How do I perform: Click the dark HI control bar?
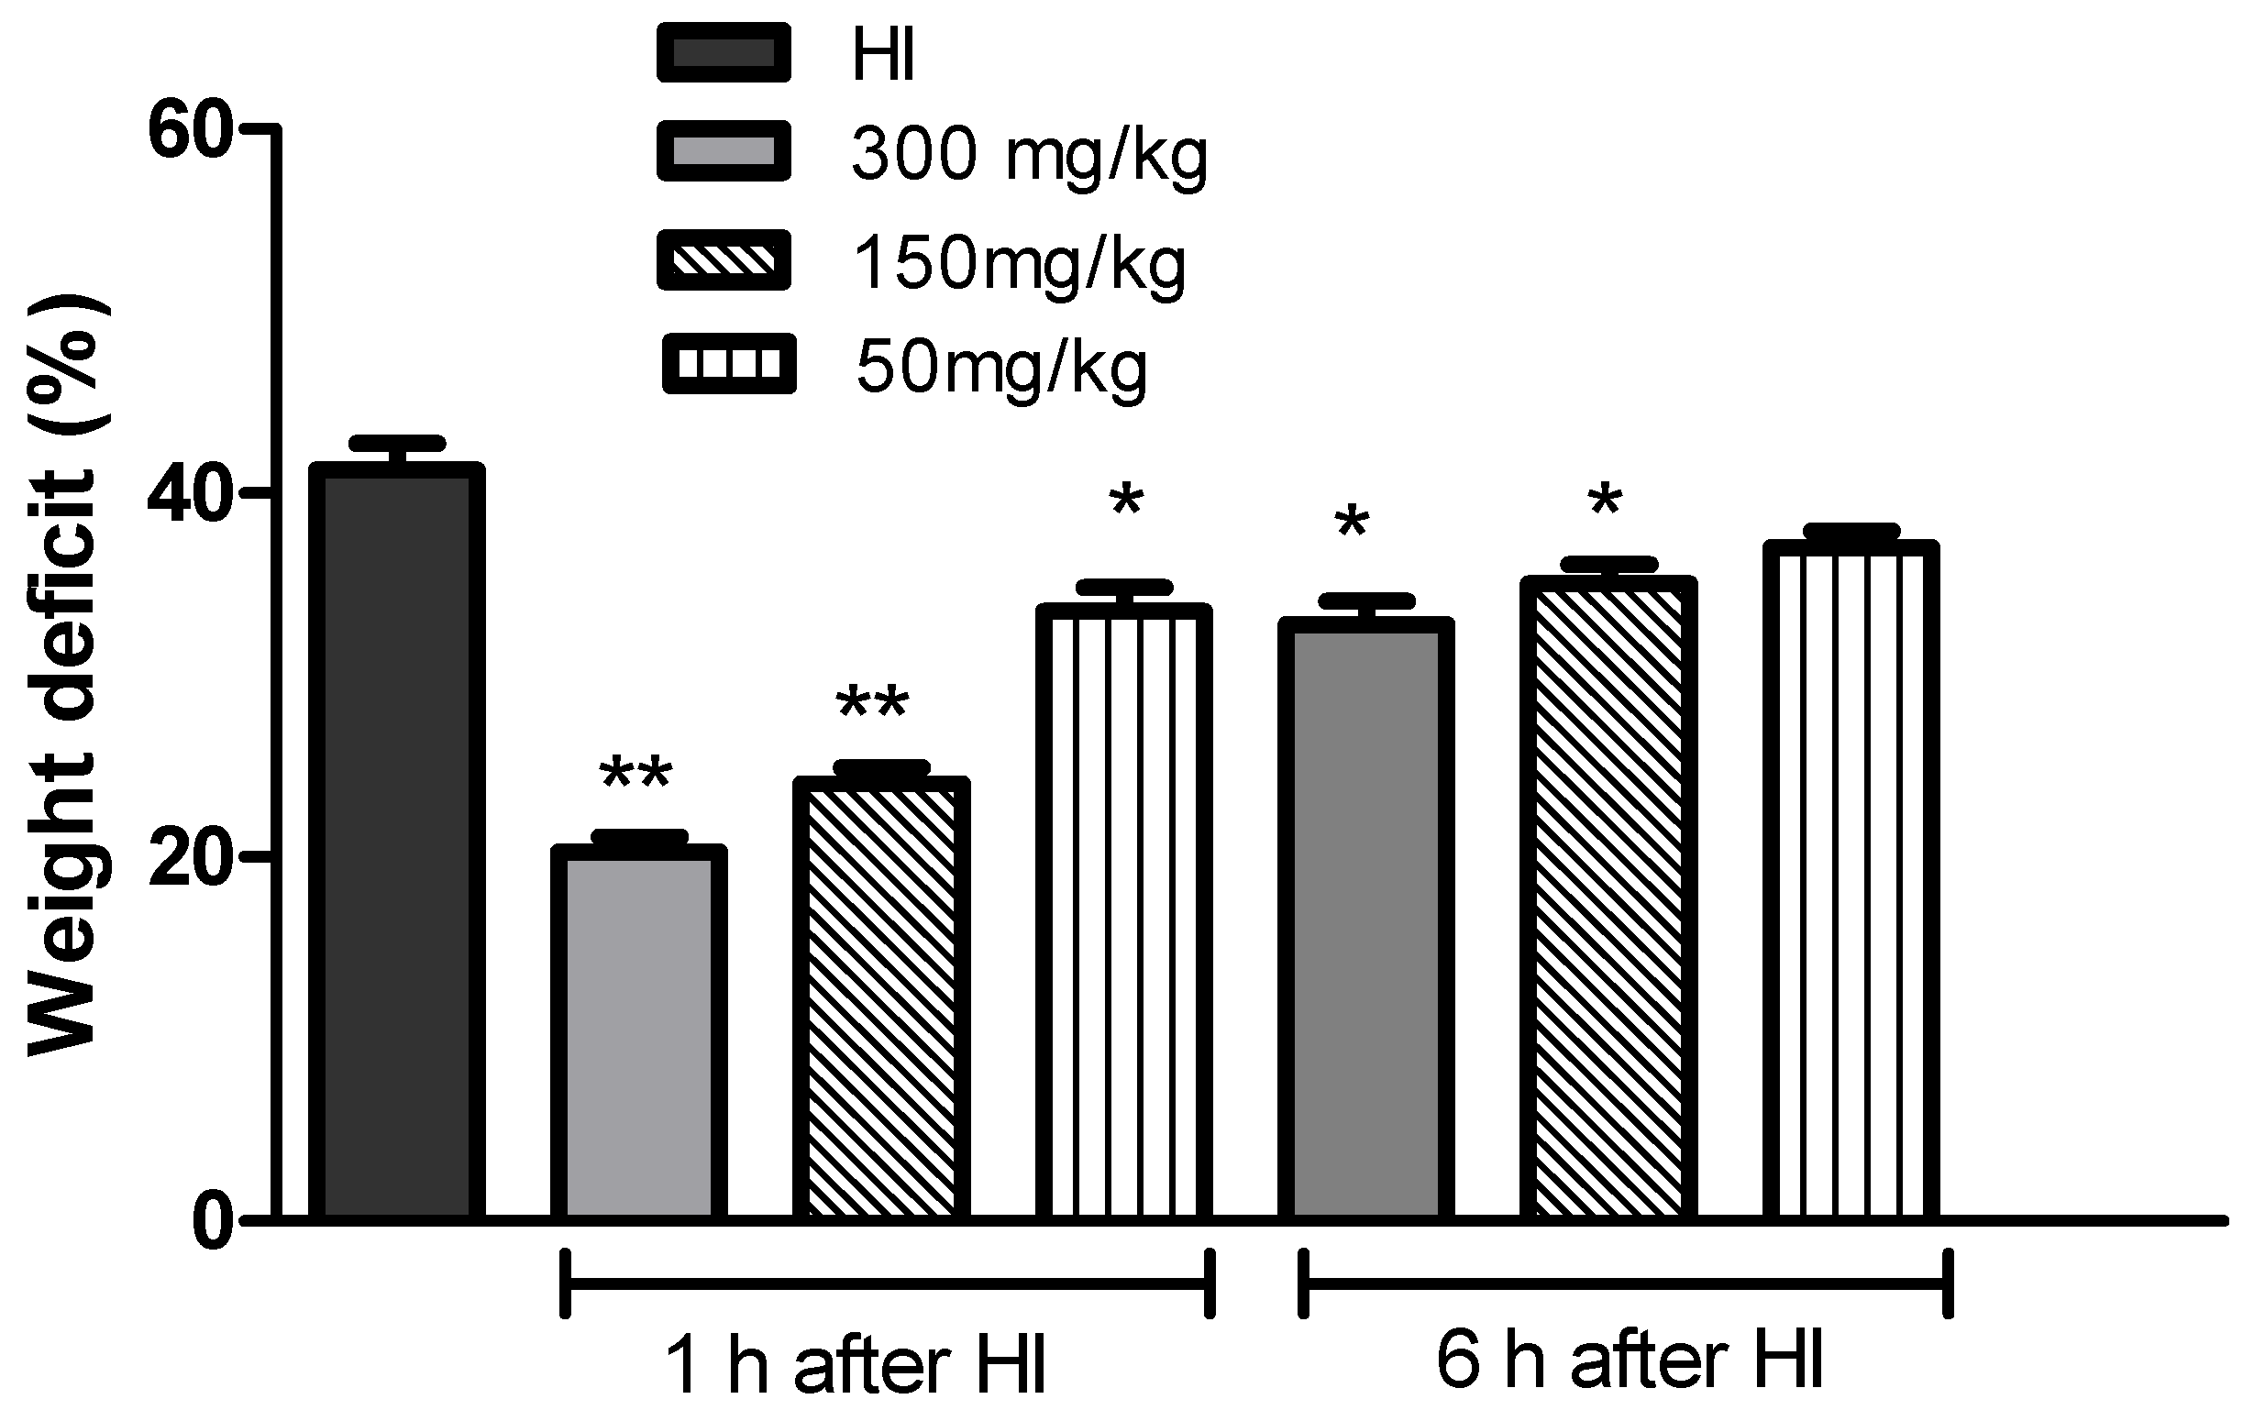[x=397, y=843]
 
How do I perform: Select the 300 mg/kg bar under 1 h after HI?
[x=639, y=1034]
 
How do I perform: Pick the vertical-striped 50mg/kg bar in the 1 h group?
[x=1123, y=913]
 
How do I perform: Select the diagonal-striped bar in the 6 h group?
[x=1608, y=898]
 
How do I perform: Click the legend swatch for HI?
[x=724, y=53]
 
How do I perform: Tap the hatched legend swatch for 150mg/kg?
[x=724, y=259]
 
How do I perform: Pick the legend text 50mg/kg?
[x=1001, y=367]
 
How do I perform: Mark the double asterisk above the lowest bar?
[x=636, y=775]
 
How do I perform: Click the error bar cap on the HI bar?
[x=397, y=443]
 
